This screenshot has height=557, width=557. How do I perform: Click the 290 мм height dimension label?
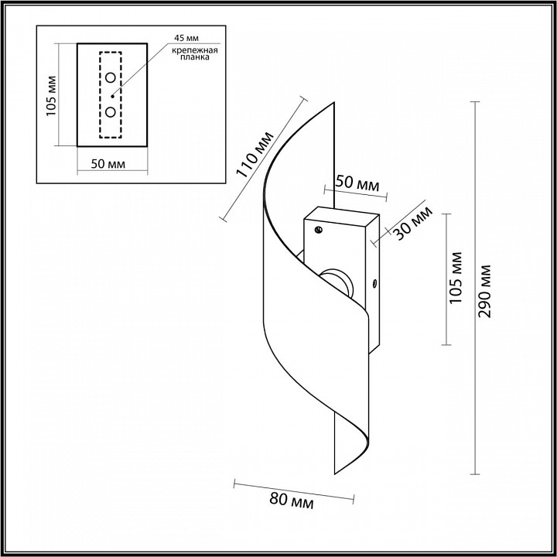(484, 291)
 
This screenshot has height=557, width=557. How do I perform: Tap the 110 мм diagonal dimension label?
(255, 155)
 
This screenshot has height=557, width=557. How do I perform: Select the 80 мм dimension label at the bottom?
(292, 501)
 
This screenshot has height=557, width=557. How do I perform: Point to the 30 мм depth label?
(414, 223)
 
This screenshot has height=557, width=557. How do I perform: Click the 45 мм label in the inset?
(186, 38)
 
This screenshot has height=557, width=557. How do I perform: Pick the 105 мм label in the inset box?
(51, 96)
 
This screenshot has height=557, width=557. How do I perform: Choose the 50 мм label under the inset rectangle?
(108, 164)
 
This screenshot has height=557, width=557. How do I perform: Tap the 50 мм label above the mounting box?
(357, 183)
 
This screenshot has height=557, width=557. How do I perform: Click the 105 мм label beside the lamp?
(456, 278)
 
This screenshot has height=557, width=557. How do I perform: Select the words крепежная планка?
(195, 53)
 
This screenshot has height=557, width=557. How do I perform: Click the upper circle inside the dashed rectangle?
(111, 77)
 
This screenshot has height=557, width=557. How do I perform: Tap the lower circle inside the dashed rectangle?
(111, 112)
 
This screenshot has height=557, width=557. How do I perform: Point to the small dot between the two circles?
(113, 96)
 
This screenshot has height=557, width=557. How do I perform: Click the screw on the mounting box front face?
(319, 230)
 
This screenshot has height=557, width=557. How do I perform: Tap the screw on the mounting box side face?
(374, 283)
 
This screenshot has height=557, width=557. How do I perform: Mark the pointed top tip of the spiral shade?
(334, 102)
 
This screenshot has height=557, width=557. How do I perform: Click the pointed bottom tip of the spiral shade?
(335, 474)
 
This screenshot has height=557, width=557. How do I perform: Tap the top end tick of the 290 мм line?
(475, 102)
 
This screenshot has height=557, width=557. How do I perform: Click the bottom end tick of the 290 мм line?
(475, 474)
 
